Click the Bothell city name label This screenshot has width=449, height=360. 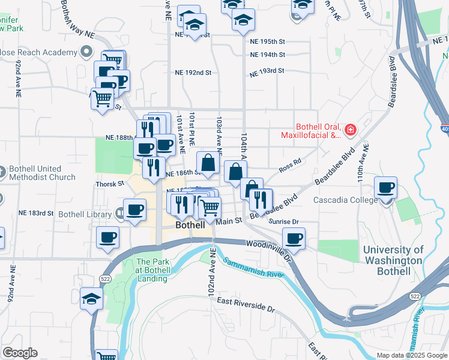(191, 225)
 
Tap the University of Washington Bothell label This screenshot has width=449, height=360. (393, 260)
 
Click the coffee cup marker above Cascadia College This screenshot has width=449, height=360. (385, 187)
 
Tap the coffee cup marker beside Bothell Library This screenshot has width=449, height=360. (134, 209)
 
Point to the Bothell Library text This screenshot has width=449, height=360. (85, 214)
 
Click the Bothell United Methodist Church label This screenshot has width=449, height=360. (42, 172)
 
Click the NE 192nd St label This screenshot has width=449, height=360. (193, 72)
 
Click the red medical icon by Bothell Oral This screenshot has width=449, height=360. (350, 129)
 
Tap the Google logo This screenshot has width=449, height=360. (20, 352)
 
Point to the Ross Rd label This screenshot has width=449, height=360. (289, 166)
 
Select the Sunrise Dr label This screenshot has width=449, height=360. (284, 221)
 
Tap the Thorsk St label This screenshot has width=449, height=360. (109, 184)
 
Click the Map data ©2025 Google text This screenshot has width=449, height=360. (411, 355)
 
